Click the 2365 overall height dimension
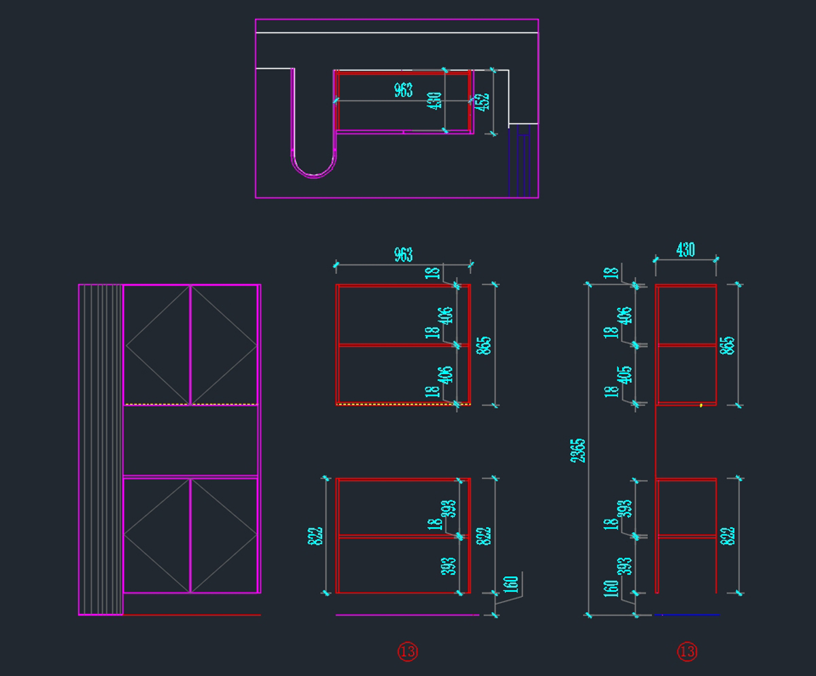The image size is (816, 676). click(x=578, y=450)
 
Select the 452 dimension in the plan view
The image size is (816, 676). click(x=481, y=101)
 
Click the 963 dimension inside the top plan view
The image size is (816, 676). click(x=403, y=90)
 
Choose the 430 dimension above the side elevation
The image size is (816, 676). click(x=685, y=250)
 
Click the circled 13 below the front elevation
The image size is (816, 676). click(x=407, y=652)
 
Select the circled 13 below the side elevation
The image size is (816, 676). click(x=687, y=652)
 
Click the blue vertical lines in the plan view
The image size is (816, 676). click(x=520, y=163)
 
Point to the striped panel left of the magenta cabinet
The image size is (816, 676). click(x=101, y=449)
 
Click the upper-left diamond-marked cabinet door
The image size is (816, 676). click(x=157, y=345)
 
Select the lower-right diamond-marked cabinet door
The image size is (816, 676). click(x=224, y=535)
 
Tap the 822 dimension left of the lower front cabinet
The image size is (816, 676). click(x=315, y=535)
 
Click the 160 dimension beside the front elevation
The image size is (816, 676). click(x=512, y=585)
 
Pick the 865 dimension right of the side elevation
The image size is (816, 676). click(x=728, y=345)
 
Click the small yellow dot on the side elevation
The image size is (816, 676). click(x=701, y=406)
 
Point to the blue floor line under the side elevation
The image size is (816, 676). click(x=687, y=615)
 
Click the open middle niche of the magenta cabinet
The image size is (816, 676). click(x=190, y=440)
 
